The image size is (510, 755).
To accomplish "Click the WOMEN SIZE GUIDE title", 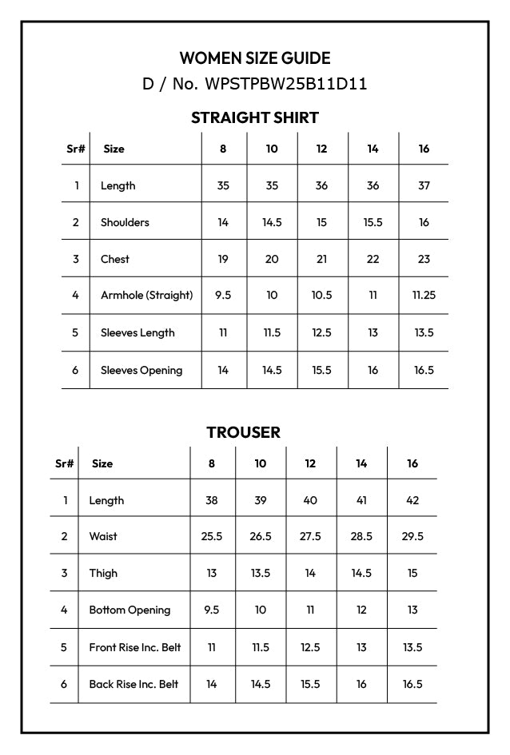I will click(255, 58).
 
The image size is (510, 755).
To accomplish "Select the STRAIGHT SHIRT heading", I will click(255, 117).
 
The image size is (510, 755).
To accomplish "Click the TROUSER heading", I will click(243, 432).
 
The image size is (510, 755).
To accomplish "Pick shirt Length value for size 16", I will click(424, 185).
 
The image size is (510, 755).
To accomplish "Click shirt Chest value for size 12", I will click(321, 259).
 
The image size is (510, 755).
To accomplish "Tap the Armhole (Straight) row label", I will click(146, 295).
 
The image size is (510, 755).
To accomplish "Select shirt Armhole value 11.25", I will click(424, 295).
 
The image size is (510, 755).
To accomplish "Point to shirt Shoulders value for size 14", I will click(373, 222).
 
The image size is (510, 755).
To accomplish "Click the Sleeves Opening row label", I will click(141, 370).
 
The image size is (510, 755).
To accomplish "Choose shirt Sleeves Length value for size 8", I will click(223, 332).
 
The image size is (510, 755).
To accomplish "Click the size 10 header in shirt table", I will click(272, 149).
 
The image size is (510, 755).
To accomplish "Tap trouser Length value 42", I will click(412, 500).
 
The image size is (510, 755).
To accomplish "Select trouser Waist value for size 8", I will click(212, 536).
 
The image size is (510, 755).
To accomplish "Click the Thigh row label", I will click(103, 573).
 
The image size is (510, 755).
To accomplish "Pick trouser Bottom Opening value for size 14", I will click(361, 610).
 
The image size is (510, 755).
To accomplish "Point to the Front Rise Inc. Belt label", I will click(135, 647).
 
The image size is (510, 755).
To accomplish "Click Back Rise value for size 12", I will click(310, 684).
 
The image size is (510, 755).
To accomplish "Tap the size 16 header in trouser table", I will click(412, 463).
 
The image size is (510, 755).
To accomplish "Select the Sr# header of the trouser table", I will click(64, 463).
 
